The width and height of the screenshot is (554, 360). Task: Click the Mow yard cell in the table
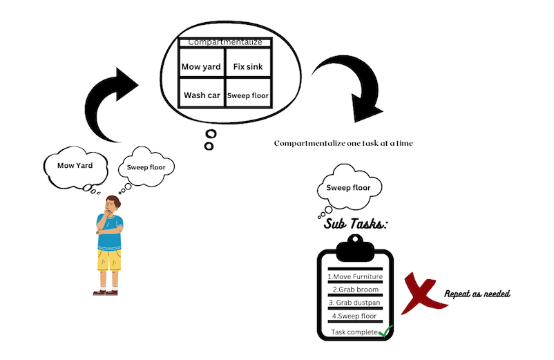click(x=202, y=67)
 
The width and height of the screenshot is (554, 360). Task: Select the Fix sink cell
click(x=248, y=67)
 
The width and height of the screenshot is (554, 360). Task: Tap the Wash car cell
click(x=202, y=95)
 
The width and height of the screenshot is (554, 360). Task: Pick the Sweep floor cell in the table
click(x=248, y=95)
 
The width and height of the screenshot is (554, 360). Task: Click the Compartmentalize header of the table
click(x=225, y=42)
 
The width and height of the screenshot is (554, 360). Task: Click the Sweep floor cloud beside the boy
click(x=146, y=167)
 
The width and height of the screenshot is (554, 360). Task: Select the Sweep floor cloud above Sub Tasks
click(x=347, y=187)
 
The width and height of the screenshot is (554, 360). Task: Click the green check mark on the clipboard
click(x=385, y=331)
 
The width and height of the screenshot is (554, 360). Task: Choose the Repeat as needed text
click(x=477, y=294)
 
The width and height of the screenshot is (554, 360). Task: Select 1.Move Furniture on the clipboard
click(x=354, y=276)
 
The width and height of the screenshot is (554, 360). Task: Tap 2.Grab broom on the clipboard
click(x=354, y=289)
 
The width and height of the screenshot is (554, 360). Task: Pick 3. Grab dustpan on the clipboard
click(x=354, y=303)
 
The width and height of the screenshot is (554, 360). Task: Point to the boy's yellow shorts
click(x=109, y=260)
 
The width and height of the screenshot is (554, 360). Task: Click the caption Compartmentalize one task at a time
click(x=343, y=143)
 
